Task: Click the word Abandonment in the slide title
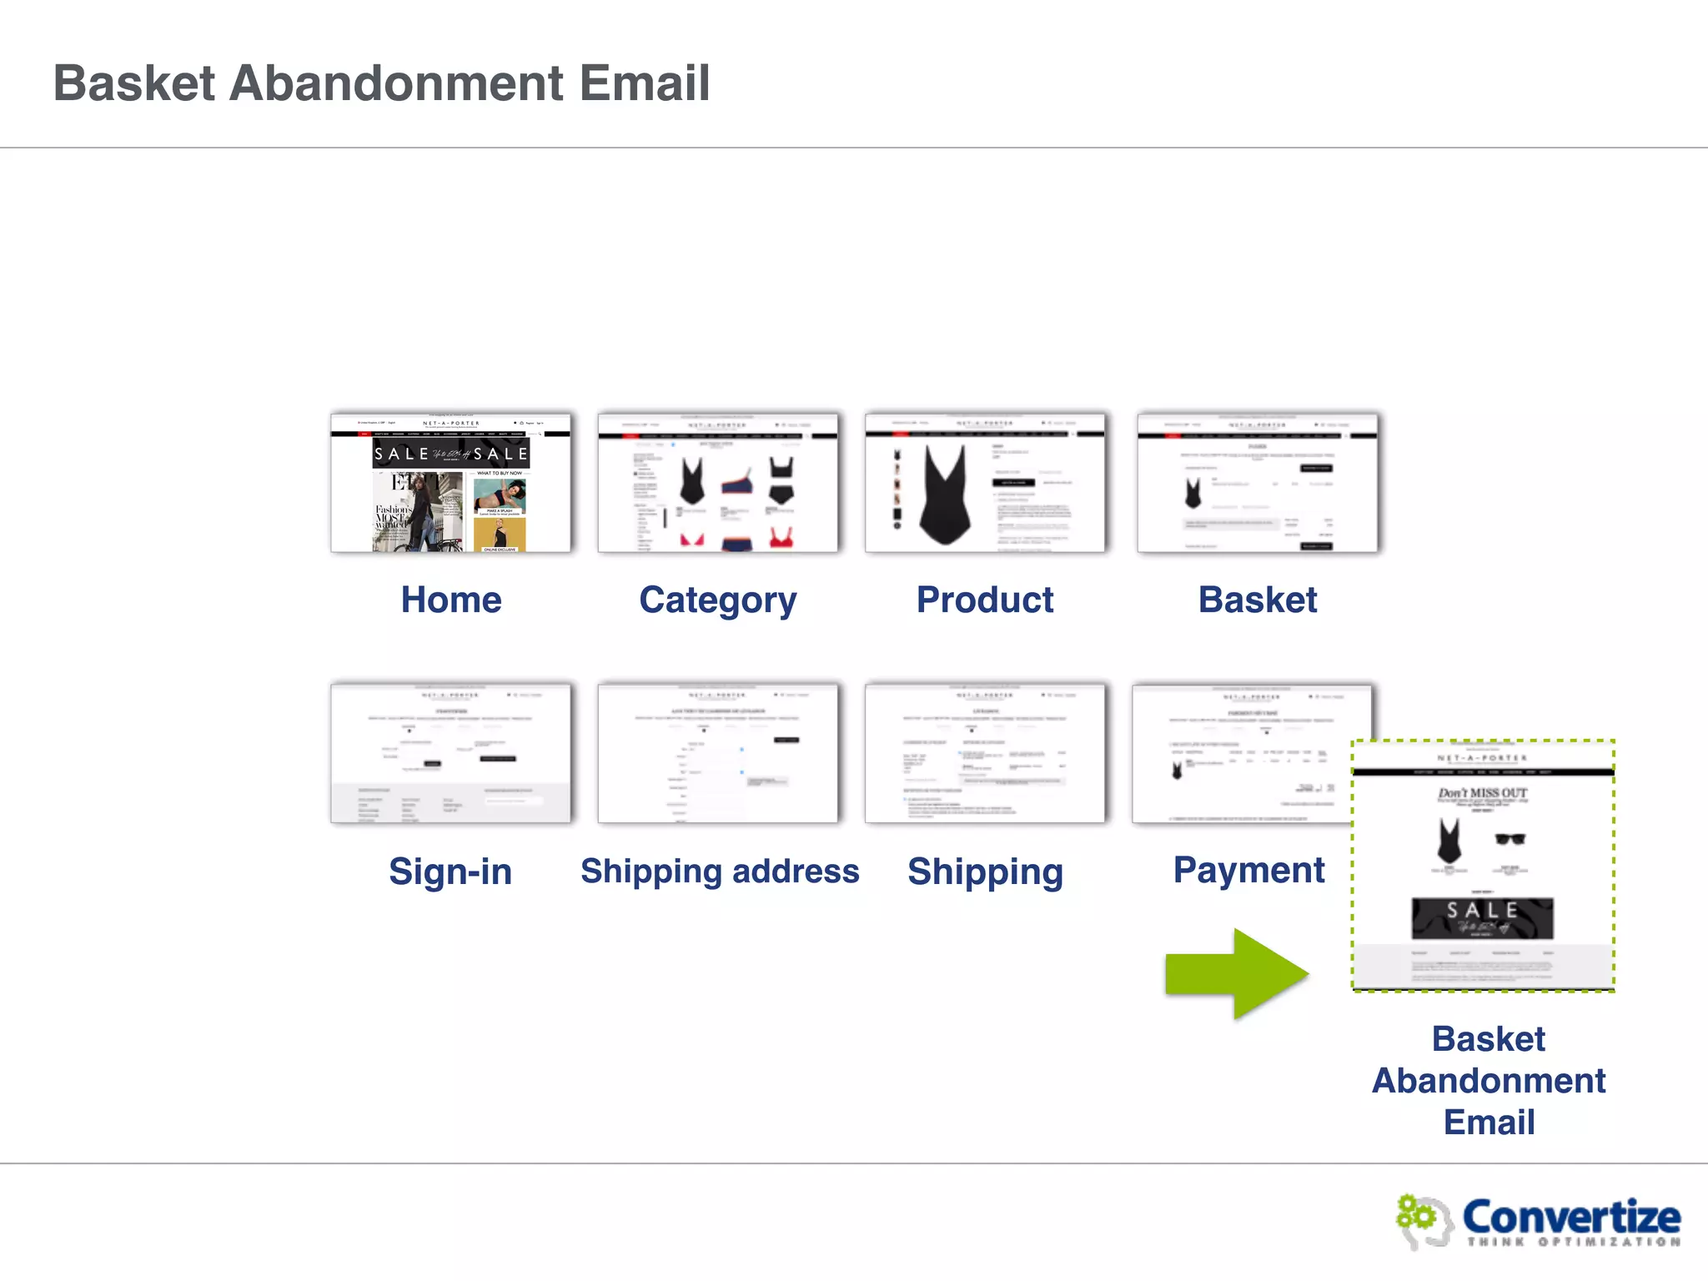coord(396,83)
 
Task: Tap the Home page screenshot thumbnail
coord(450,483)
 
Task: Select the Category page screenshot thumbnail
coord(717,483)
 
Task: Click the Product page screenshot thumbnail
coord(985,483)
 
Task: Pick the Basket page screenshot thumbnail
coord(1257,483)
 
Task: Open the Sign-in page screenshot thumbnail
coord(450,753)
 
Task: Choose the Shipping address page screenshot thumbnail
coord(717,753)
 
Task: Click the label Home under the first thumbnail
coord(451,600)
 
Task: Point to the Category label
coord(717,600)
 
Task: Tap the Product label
coord(985,600)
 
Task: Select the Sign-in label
coord(450,872)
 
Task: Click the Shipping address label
coord(720,872)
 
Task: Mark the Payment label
coord(1248,870)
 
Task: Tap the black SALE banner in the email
coord(1482,918)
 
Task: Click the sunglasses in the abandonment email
coord(1510,839)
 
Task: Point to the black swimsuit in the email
coord(1449,841)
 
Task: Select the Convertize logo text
coord(1571,1217)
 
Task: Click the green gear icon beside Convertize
coord(1417,1215)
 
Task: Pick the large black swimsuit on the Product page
coord(945,494)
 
